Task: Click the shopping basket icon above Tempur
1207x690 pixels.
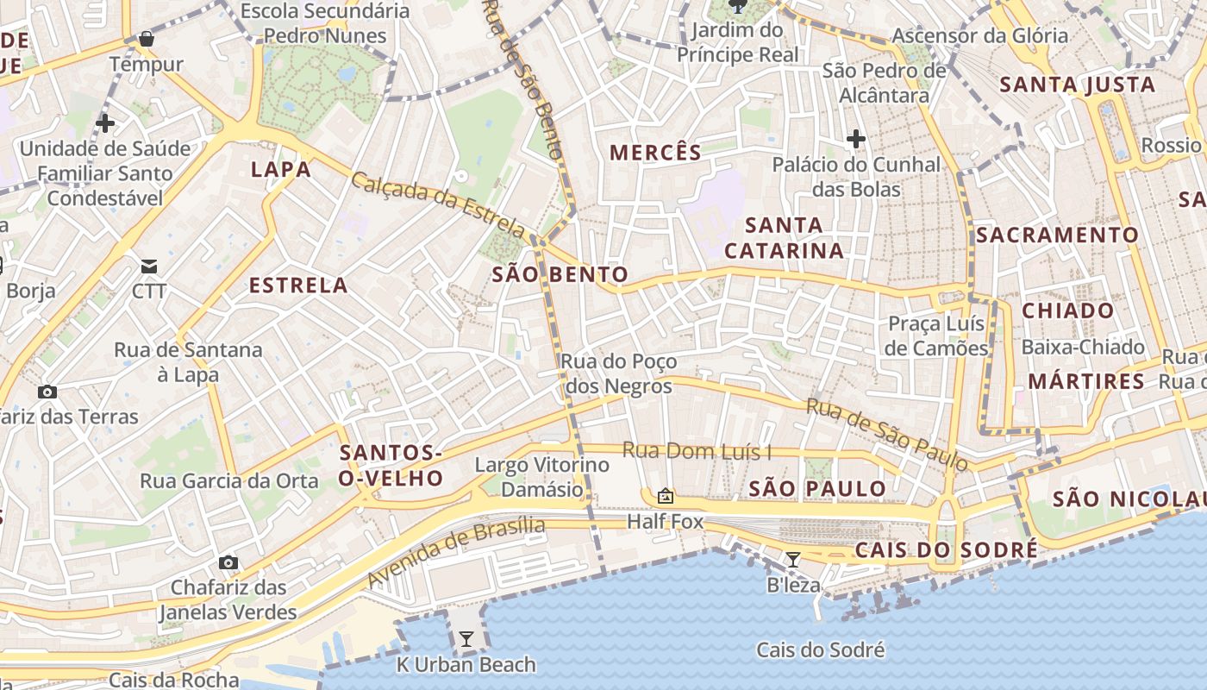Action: tap(146, 39)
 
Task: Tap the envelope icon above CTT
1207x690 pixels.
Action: tap(149, 266)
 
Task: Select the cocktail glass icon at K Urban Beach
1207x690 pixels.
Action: tap(466, 639)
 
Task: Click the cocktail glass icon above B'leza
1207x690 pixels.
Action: tap(792, 559)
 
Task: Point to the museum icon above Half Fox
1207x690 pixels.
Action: tap(665, 496)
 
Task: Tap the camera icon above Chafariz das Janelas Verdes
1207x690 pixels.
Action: tap(228, 563)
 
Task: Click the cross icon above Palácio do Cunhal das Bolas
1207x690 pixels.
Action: tap(855, 138)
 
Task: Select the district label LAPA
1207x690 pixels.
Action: tap(281, 170)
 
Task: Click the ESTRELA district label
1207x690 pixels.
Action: tap(298, 285)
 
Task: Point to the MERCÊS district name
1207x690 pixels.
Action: tap(655, 154)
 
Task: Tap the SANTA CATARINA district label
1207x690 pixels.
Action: tap(784, 238)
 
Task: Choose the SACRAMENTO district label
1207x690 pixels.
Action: tap(1057, 235)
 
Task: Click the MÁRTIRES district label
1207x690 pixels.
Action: tap(1086, 381)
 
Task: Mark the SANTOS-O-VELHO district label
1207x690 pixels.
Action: tap(391, 466)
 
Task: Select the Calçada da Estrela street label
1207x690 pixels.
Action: tap(438, 205)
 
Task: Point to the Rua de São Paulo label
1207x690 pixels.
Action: tap(887, 434)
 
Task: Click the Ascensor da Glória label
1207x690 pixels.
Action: tap(979, 36)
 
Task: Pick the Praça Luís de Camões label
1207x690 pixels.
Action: tap(937, 336)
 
